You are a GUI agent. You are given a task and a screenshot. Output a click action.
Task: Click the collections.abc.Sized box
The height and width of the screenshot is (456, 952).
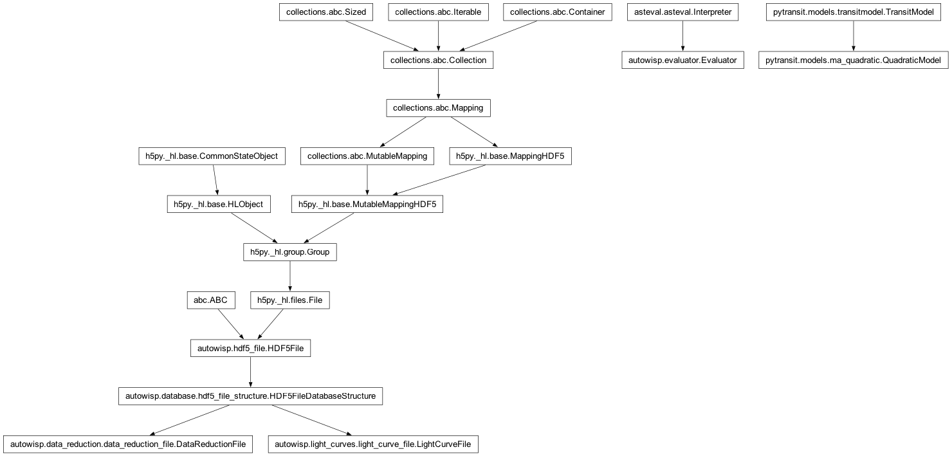326,12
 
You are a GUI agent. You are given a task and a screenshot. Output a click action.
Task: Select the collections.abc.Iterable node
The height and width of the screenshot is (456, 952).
438,12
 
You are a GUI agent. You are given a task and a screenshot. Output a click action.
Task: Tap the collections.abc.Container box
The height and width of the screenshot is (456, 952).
557,12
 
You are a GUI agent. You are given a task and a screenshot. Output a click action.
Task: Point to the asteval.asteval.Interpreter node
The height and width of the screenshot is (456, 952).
682,12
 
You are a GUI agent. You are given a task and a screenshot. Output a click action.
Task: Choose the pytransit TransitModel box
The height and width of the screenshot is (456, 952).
854,12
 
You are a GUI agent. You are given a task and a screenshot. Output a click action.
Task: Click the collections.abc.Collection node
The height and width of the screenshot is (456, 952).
438,60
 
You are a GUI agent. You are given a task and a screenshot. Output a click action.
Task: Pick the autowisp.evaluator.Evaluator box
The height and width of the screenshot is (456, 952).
682,60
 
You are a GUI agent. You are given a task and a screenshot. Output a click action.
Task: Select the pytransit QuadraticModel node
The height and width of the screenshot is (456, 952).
854,60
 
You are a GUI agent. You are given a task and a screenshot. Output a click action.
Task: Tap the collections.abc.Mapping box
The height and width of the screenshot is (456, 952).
438,108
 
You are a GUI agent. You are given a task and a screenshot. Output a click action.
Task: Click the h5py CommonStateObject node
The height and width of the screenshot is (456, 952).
212,156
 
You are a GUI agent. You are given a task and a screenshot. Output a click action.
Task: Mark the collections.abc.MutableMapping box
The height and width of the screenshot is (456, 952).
367,156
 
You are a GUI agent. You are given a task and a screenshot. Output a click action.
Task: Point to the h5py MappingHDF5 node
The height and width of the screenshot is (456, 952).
510,156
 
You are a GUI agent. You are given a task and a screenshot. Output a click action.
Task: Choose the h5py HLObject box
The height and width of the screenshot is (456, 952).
218,205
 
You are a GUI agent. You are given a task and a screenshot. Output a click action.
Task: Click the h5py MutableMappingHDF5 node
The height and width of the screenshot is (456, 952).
367,205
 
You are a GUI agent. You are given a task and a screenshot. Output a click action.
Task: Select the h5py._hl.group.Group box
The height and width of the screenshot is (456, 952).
289,252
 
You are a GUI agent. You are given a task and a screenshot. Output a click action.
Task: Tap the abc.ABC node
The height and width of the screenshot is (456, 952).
210,300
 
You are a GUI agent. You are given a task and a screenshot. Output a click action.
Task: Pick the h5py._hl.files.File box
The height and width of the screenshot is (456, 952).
289,300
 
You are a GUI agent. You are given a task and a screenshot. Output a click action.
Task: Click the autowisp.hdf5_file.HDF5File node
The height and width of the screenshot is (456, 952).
250,349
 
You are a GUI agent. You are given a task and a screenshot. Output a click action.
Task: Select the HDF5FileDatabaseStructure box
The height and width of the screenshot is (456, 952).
250,396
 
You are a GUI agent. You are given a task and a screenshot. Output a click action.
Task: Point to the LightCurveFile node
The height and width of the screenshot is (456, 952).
373,444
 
